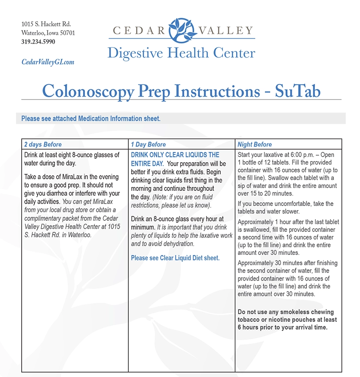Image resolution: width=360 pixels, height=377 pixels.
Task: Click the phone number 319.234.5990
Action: point(38,42)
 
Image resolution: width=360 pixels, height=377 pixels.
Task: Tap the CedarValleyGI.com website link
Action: point(48,62)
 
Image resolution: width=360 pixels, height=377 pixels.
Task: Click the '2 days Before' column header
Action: point(43,145)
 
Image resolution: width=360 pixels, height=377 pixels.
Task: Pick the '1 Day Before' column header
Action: point(149,145)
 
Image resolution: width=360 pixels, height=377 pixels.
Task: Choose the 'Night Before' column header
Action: point(255,145)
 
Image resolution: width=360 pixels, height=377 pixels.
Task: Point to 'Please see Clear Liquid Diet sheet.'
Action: point(175,258)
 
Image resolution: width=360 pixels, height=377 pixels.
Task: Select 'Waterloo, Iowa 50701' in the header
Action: point(48,33)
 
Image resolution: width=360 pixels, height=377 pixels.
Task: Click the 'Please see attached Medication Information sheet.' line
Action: point(91,119)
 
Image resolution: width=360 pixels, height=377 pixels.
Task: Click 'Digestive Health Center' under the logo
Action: point(181,54)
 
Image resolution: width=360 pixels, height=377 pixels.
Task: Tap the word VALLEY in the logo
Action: point(226,31)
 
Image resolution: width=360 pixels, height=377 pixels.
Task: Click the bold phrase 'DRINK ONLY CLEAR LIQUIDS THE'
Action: point(175,155)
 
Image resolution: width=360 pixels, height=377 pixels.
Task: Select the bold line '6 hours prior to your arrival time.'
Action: point(283,327)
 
